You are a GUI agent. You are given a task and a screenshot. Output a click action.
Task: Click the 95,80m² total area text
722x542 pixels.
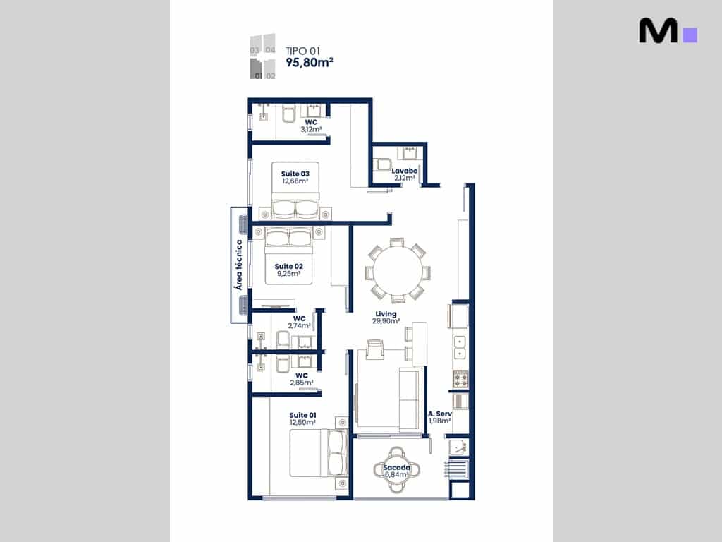click(310, 63)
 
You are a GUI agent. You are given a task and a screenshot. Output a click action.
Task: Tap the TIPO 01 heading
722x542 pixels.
click(302, 51)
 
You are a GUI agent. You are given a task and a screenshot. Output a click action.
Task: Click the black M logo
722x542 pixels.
click(658, 30)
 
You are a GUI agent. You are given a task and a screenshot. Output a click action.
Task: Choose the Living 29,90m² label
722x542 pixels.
click(386, 318)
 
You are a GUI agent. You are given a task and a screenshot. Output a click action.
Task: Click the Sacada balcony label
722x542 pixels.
click(396, 467)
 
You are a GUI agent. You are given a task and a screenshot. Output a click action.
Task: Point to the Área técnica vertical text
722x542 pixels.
click(238, 265)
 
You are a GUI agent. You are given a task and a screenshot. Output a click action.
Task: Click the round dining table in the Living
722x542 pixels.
click(398, 271)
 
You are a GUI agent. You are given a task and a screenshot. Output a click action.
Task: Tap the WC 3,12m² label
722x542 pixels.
click(311, 126)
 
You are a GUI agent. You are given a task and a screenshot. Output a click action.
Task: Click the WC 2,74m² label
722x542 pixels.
click(299, 322)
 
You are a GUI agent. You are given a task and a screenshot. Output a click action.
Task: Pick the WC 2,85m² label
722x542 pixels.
click(302, 379)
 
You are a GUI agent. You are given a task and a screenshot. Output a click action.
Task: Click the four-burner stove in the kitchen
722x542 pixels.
click(461, 379)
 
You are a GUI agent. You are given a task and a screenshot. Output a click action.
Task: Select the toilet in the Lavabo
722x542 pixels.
click(383, 164)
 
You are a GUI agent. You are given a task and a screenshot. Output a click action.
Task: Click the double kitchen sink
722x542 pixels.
click(460, 347)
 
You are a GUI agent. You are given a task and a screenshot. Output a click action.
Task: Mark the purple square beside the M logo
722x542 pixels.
click(690, 35)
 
